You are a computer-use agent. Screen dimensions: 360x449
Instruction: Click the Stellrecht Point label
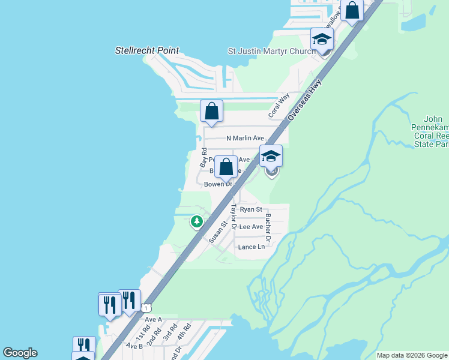point(147,50)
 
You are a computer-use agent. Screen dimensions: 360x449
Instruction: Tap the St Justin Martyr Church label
point(271,52)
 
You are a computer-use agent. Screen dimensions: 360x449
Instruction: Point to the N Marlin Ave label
point(245,139)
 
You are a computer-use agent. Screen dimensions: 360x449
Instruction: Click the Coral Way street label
point(279,104)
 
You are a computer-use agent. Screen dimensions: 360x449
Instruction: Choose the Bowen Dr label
point(217,184)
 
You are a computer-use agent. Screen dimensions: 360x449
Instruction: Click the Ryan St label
point(251,209)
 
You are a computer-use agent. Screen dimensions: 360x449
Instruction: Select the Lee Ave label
point(251,227)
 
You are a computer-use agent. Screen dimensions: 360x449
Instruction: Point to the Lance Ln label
point(251,247)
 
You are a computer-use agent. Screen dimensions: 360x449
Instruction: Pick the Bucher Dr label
point(268,229)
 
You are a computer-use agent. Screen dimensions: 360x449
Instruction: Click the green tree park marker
point(196,222)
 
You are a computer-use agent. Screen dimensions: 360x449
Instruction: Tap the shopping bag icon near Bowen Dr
point(226,167)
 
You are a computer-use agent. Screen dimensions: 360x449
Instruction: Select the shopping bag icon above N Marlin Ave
point(211,111)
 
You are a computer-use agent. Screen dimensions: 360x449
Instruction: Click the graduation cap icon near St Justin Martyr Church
point(322,40)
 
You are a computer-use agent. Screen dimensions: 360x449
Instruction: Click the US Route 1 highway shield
point(146,308)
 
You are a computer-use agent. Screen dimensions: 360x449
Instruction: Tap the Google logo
point(20,353)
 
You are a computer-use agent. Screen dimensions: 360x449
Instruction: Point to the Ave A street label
point(154,320)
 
